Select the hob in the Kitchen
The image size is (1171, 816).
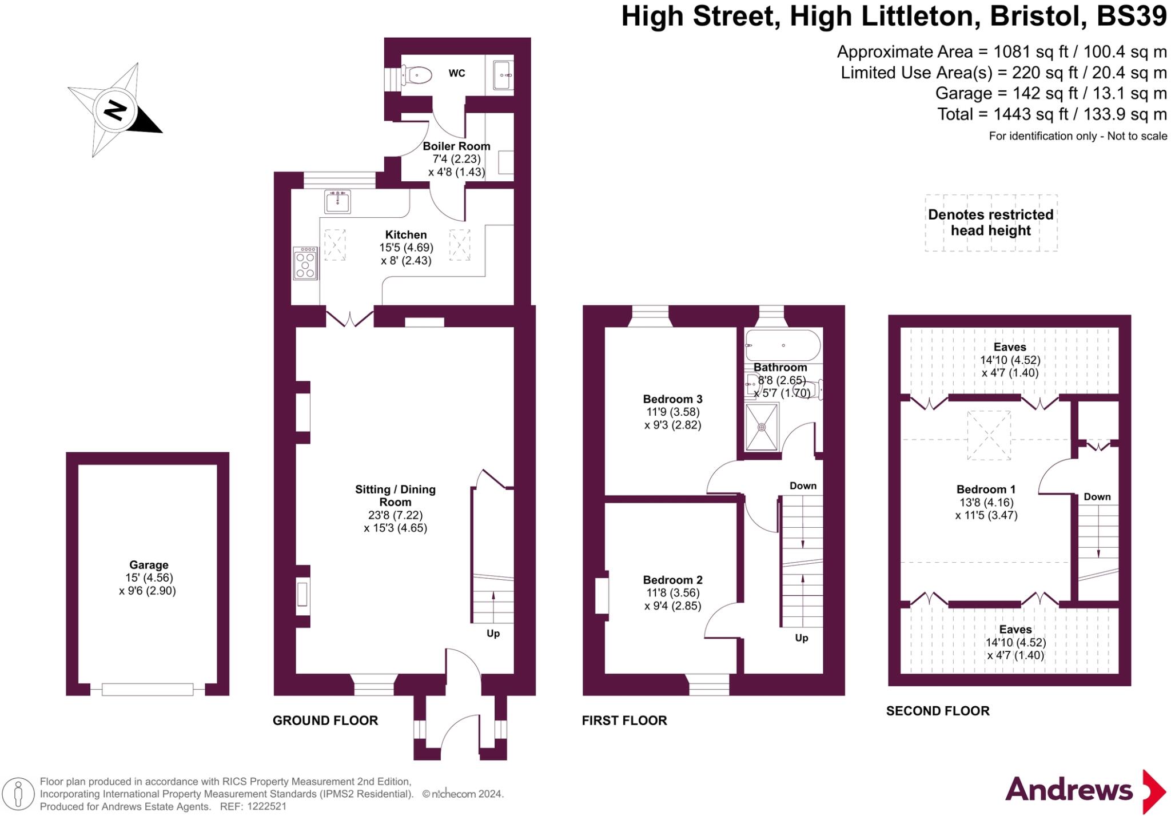pyautogui.click(x=305, y=264)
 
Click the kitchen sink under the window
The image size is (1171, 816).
pyautogui.click(x=337, y=202)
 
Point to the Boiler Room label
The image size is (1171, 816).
pyautogui.click(x=456, y=146)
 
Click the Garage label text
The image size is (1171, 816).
pyautogui.click(x=149, y=565)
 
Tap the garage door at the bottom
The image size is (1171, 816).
pyautogui.click(x=148, y=690)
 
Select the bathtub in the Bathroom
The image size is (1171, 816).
pyautogui.click(x=783, y=345)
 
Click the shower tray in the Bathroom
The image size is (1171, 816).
pyautogui.click(x=762, y=427)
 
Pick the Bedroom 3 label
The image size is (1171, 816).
pyautogui.click(x=672, y=399)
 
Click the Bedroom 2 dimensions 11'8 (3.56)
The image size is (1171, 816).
pyautogui.click(x=672, y=593)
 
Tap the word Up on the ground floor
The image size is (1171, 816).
pyautogui.click(x=493, y=633)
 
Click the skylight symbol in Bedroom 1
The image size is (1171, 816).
pyautogui.click(x=989, y=435)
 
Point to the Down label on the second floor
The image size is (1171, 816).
pyautogui.click(x=1097, y=497)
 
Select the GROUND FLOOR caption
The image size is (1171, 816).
pyautogui.click(x=325, y=721)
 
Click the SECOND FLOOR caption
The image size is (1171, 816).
pyautogui.click(x=937, y=711)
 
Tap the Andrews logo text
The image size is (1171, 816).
pyautogui.click(x=1069, y=790)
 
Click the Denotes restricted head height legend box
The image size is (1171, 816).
pyautogui.click(x=990, y=222)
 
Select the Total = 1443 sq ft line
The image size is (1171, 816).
pyautogui.click(x=1051, y=114)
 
